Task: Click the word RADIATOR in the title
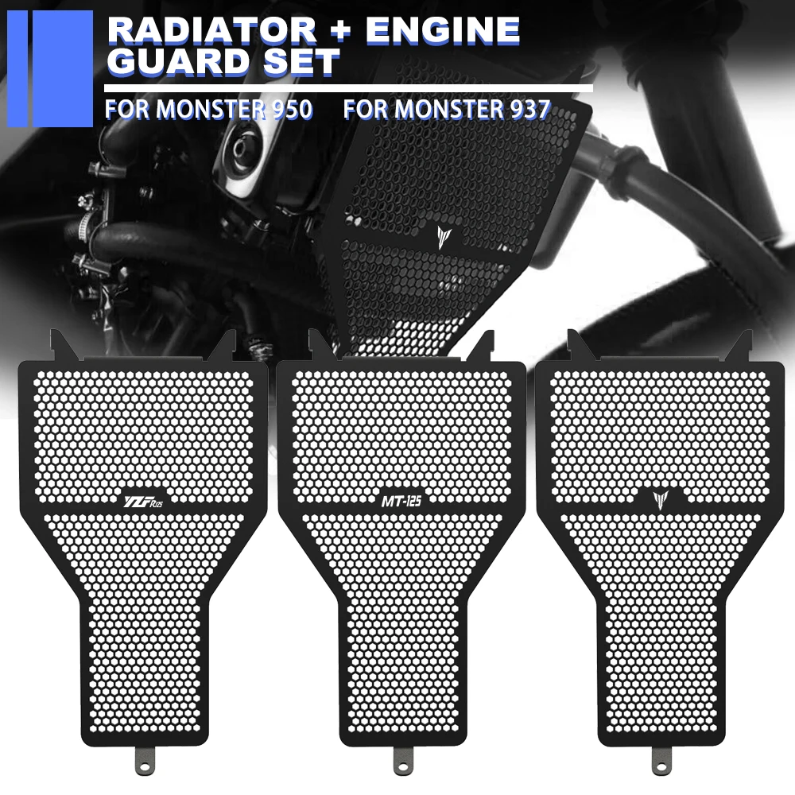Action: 212,30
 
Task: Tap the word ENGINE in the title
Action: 443,30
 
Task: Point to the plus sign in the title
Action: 342,30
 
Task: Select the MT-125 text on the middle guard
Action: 401,501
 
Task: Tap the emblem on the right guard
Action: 661,500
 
